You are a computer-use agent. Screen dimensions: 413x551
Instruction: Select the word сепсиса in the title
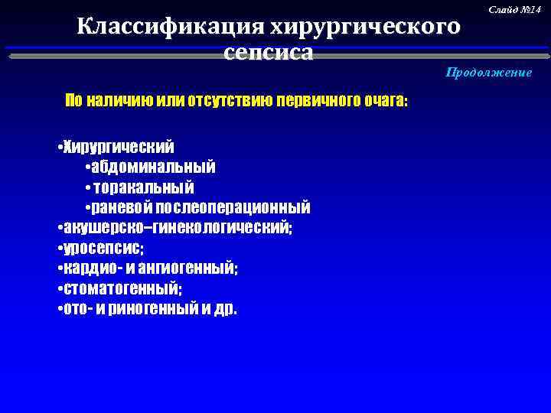(269, 53)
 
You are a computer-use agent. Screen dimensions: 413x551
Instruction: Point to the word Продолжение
(489, 72)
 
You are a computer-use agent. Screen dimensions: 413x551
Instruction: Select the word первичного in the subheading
(313, 102)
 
